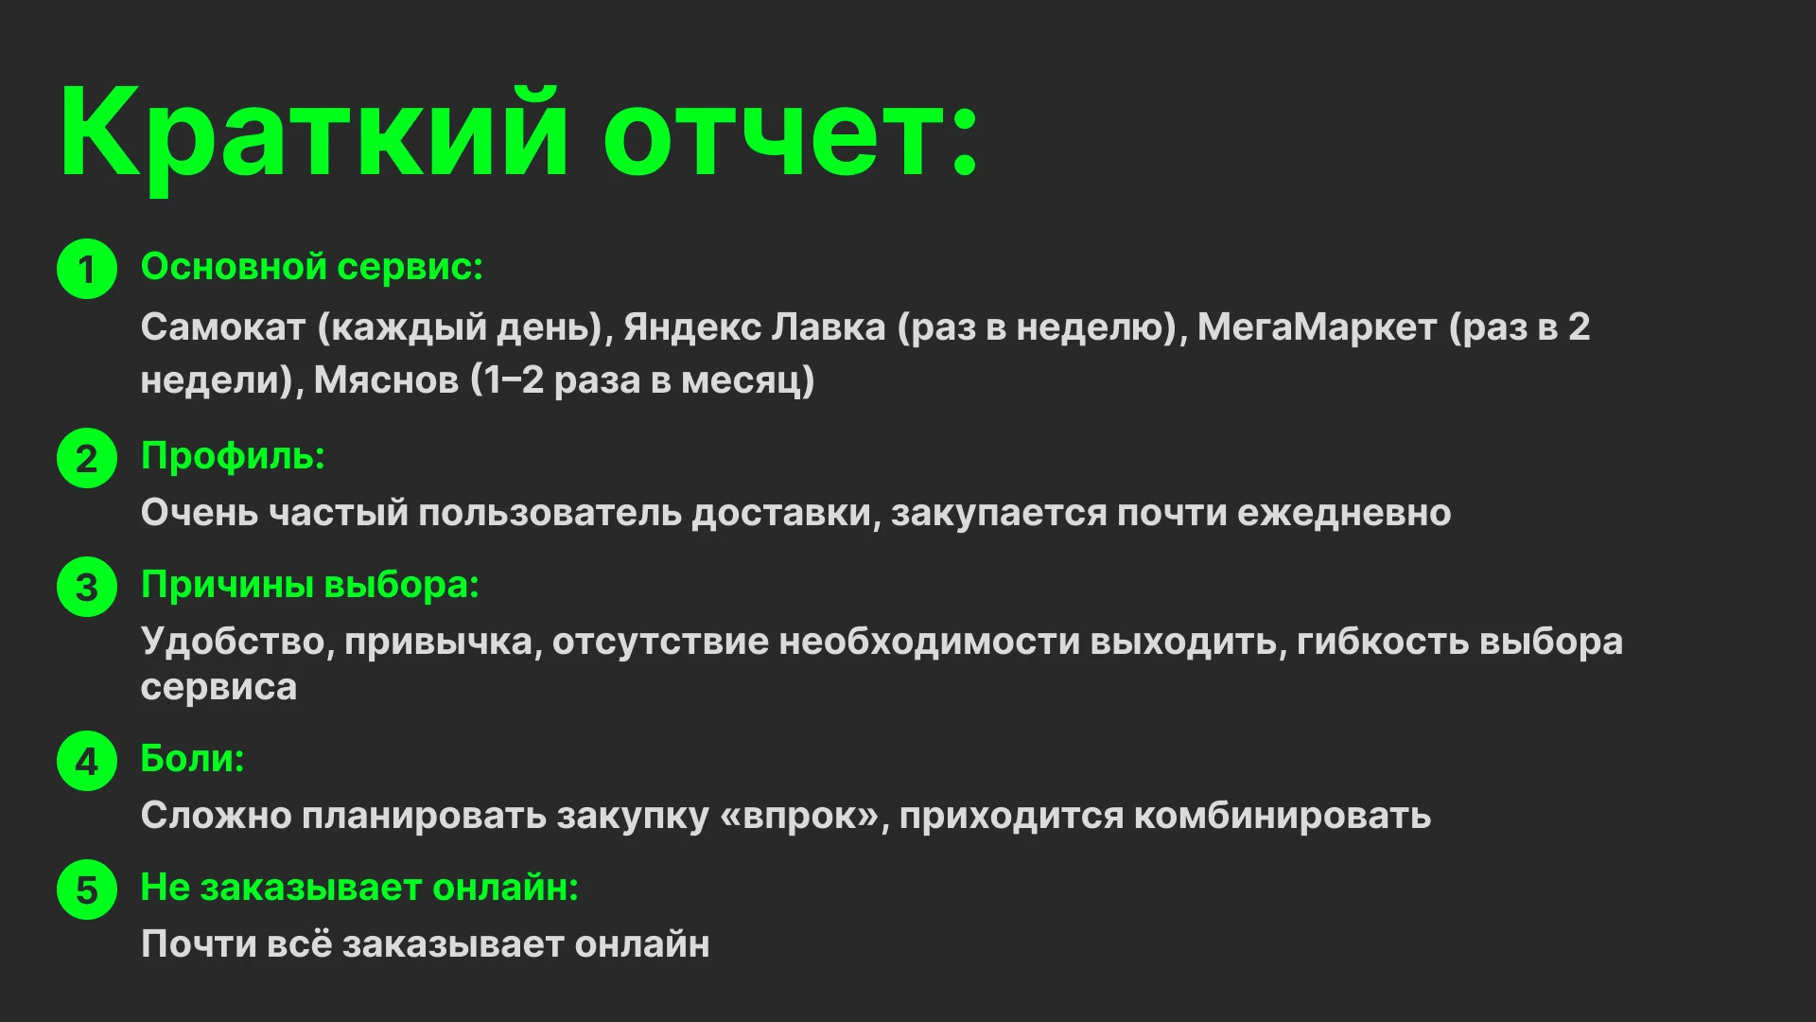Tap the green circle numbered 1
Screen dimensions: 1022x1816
pos(87,270)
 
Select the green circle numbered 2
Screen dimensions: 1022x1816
pos(87,459)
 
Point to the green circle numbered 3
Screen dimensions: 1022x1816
pos(87,588)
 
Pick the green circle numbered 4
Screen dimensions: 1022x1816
pos(87,761)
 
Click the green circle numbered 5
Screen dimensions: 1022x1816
pos(87,890)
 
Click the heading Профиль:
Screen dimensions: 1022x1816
pos(233,456)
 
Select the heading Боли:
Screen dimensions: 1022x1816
pos(192,759)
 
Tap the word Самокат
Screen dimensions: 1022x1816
pos(223,327)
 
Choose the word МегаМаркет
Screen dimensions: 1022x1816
pos(1317,327)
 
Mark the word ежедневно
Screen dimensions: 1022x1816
pos(1344,513)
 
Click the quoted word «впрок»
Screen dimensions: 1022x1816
pos(800,816)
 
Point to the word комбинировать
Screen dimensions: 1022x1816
pos(1282,816)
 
